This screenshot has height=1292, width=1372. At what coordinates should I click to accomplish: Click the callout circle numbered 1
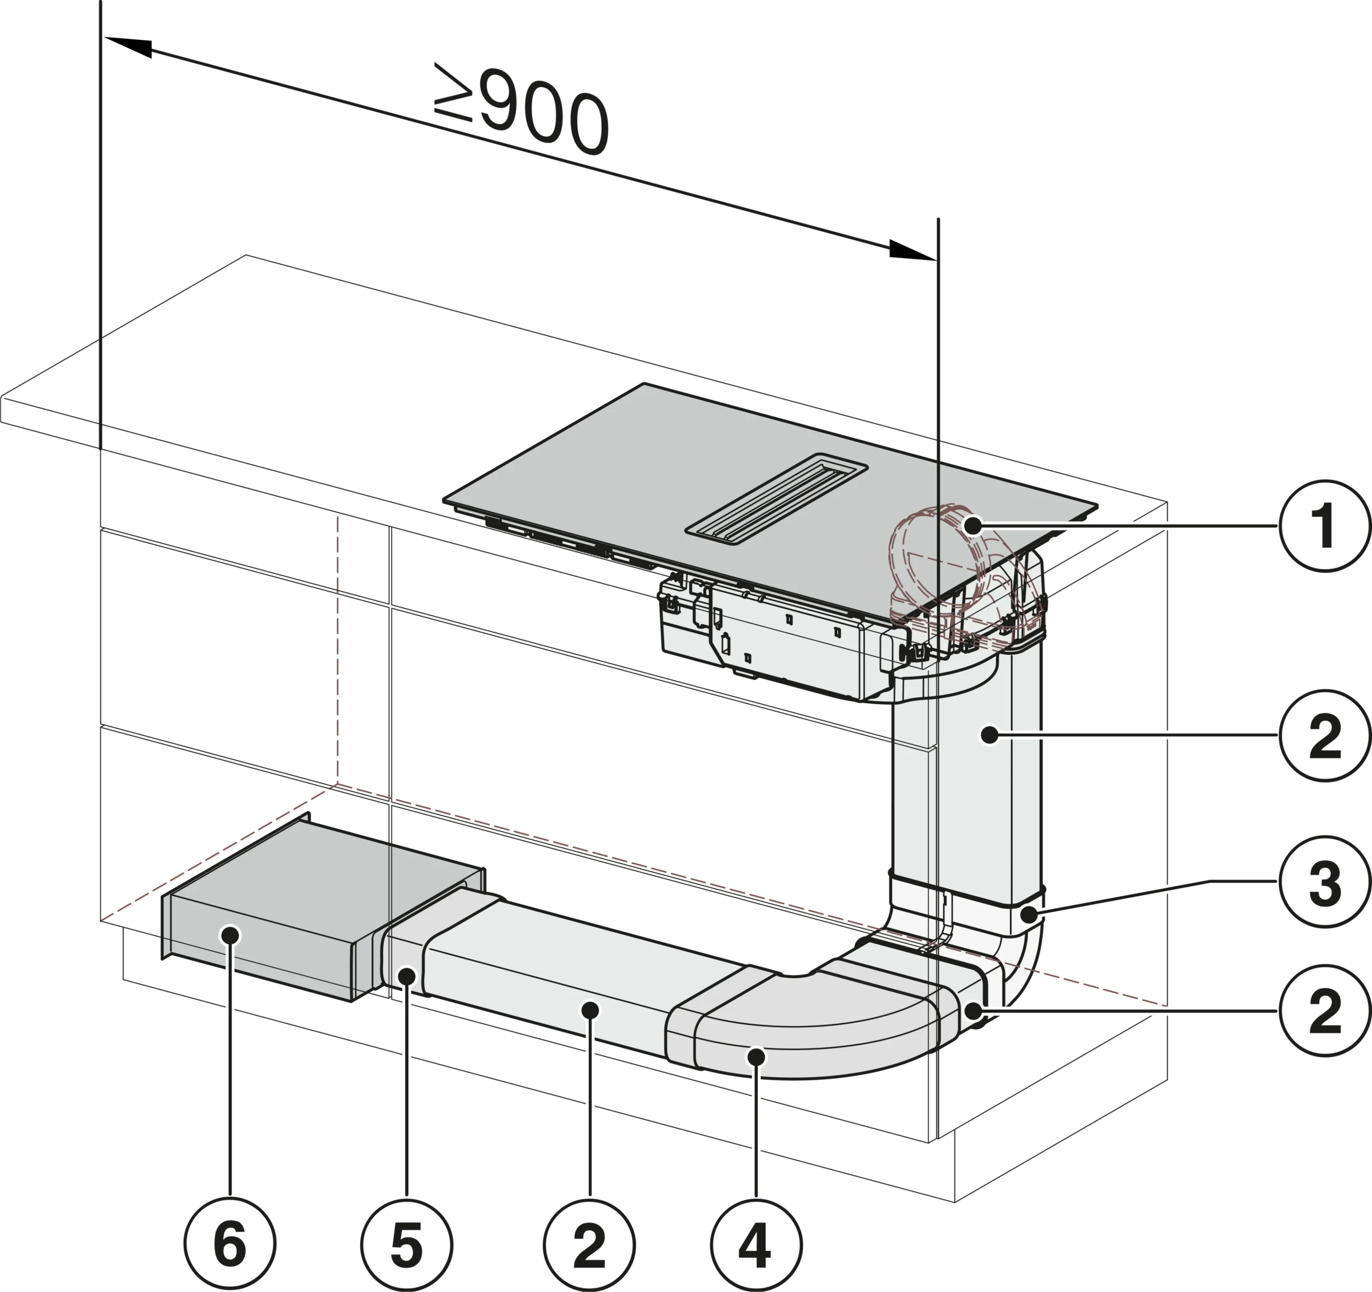1325,526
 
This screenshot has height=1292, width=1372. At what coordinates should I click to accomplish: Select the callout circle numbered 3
1325,881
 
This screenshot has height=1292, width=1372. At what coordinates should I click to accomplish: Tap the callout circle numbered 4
756,1243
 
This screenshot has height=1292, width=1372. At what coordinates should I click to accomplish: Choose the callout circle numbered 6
230,1243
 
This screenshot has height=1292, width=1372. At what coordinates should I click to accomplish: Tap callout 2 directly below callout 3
1325,1011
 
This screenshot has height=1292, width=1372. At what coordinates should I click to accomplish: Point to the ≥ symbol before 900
453,91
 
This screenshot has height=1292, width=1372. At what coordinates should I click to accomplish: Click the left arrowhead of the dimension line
128,47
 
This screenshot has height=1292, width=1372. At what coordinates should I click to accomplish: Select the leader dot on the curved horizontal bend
756,1056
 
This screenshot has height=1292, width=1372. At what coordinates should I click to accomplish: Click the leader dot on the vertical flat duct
990,735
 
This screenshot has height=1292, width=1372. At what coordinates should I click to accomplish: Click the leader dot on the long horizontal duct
590,1011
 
